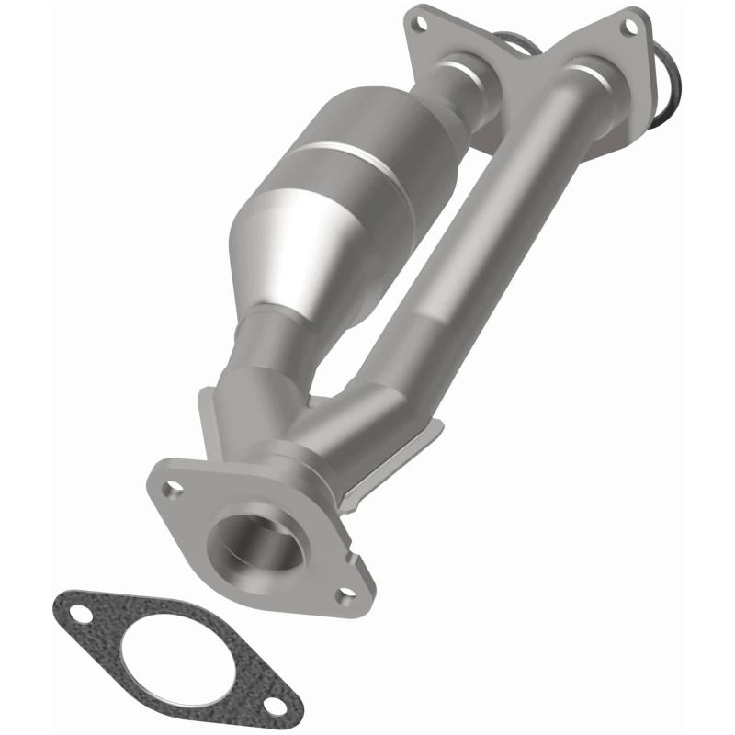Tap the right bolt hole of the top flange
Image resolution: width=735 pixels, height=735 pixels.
631,27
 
